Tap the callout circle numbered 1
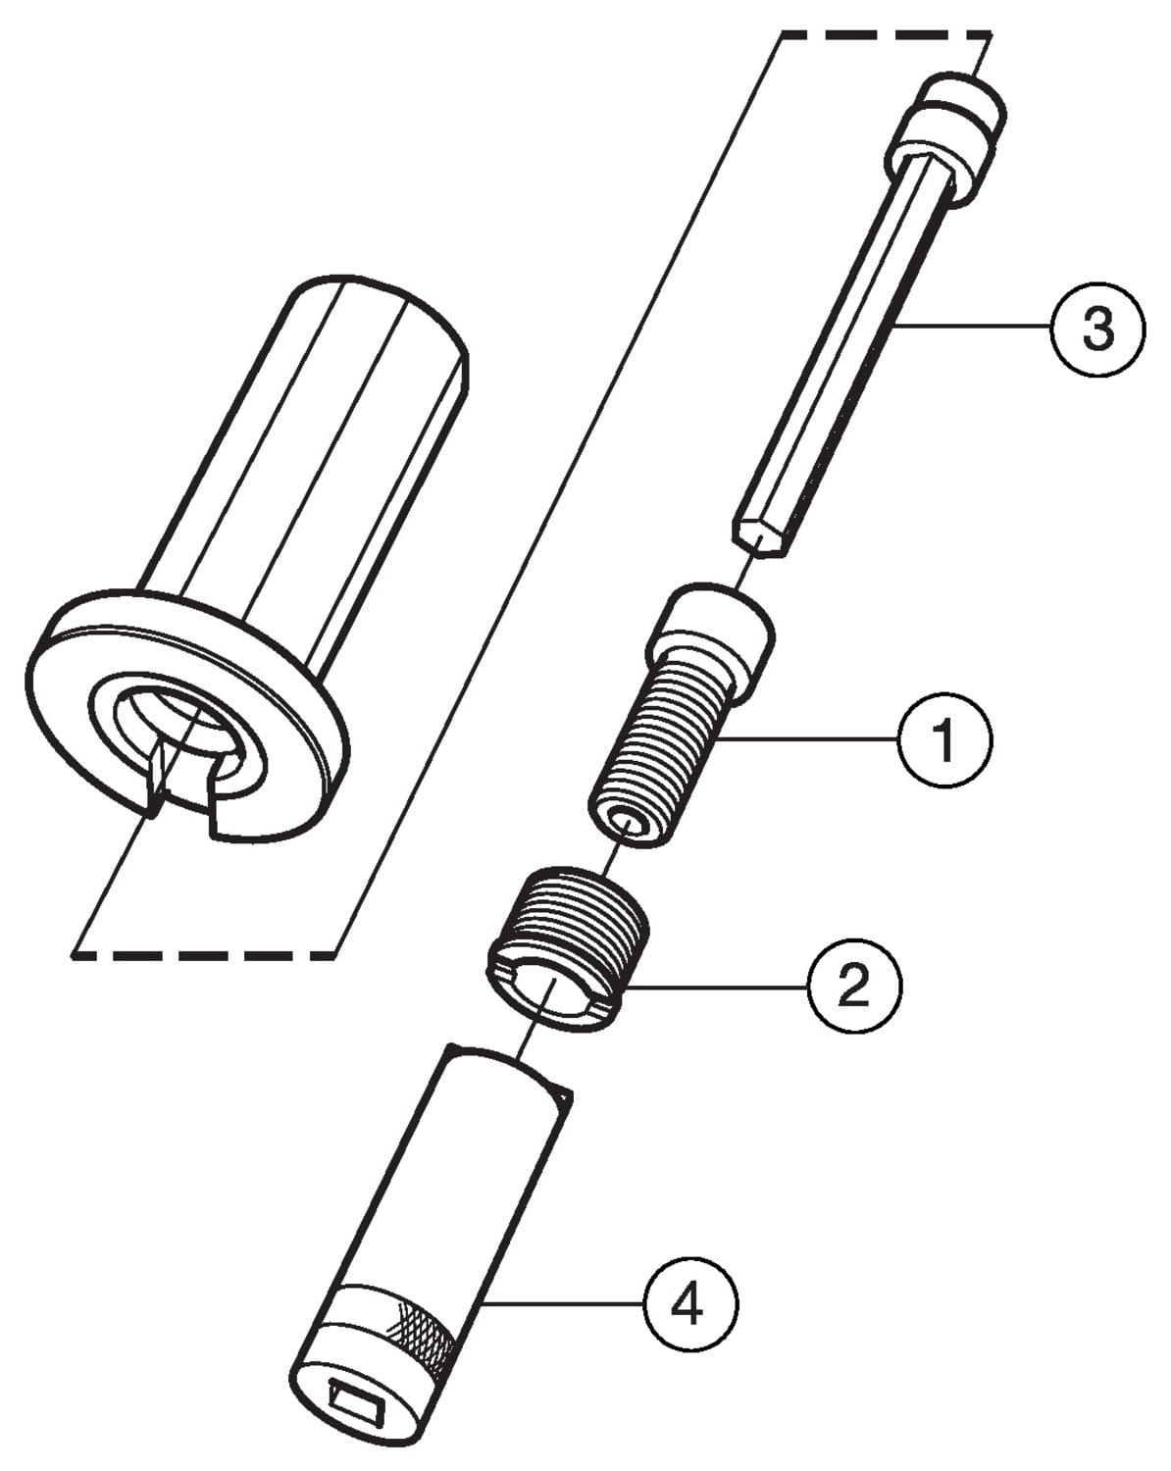click(944, 739)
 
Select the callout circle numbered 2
click(853, 986)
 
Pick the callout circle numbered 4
click(690, 1303)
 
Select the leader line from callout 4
click(564, 1302)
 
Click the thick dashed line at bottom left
click(206, 952)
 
